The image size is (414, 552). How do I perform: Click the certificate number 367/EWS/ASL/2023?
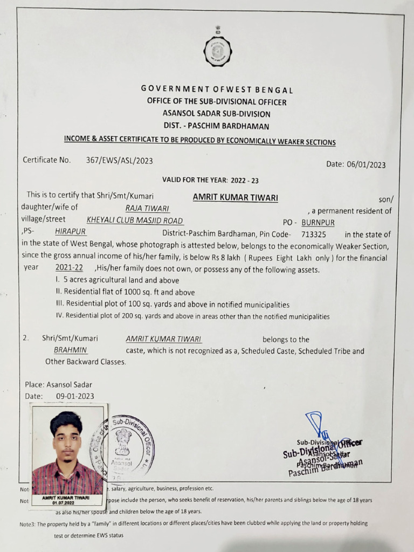[x=119, y=160]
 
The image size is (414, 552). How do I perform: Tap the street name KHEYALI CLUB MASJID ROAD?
[x=135, y=220]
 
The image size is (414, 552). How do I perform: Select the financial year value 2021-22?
[x=69, y=268]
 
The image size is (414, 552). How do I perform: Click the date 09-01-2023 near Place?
[x=75, y=396]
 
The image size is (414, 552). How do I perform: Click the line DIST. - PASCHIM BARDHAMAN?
[x=217, y=126]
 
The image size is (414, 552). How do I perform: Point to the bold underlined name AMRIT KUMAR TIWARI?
[x=236, y=197]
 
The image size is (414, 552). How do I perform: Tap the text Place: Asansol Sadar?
[x=58, y=385]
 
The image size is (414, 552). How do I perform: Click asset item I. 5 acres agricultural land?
[x=117, y=280]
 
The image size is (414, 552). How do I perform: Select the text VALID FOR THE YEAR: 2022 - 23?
[x=210, y=180]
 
